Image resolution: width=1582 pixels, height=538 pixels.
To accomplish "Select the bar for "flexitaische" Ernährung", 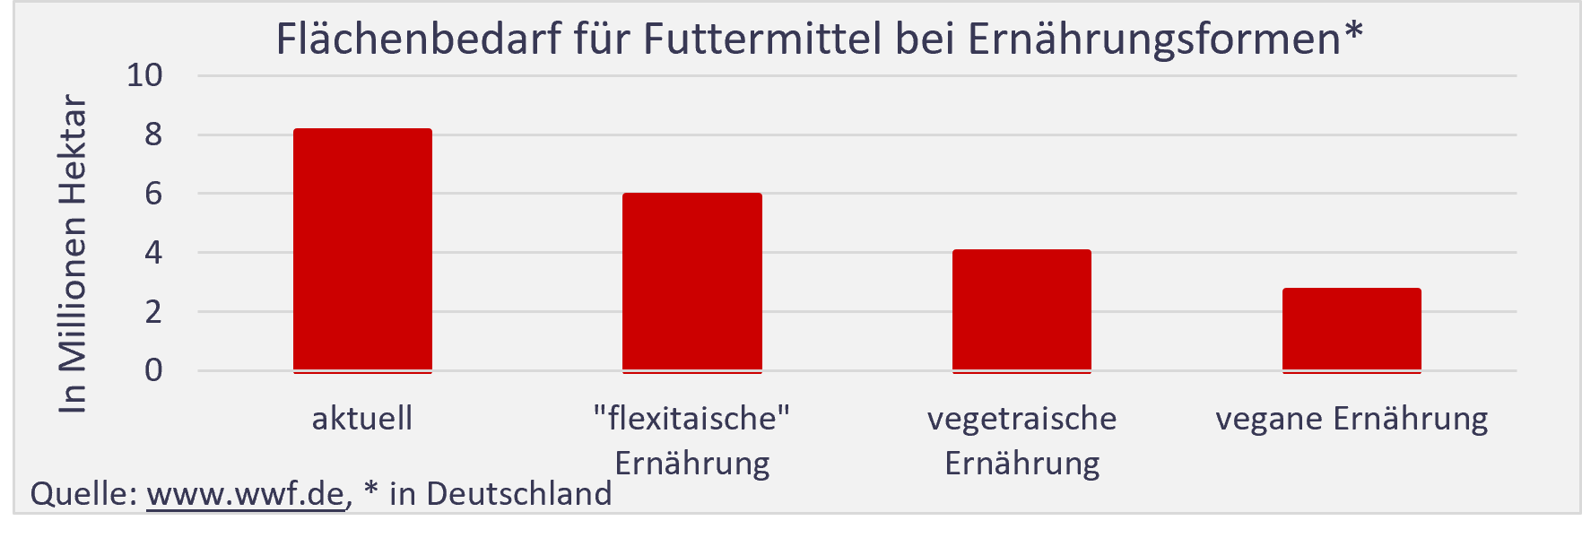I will (x=692, y=282).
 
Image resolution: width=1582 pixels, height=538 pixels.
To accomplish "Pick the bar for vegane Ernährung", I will (x=1352, y=329).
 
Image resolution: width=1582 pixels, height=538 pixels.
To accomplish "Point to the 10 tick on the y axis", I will (x=145, y=75).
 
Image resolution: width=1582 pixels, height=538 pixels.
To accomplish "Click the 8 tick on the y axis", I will (x=153, y=134).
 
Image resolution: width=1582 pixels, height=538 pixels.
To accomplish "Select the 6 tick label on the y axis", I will (x=153, y=194).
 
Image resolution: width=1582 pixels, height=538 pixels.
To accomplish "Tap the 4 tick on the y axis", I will (x=153, y=253).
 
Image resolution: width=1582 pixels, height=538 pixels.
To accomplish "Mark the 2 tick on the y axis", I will (x=153, y=312).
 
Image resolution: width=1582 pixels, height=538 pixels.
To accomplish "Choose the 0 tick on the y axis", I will (x=153, y=370).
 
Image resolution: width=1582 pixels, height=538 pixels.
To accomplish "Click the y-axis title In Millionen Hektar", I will (x=73, y=255).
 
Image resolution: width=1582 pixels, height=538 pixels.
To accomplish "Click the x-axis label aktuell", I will (x=362, y=419).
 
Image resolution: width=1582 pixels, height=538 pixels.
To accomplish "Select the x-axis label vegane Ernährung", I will (x=1352, y=419).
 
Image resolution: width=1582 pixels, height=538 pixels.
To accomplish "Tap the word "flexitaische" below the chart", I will (x=692, y=418).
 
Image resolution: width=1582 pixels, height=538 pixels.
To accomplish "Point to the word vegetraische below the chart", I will (x=1021, y=419).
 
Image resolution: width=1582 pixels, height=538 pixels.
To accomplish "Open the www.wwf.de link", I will (x=245, y=494).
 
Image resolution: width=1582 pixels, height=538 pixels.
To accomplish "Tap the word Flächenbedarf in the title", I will (x=418, y=39).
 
